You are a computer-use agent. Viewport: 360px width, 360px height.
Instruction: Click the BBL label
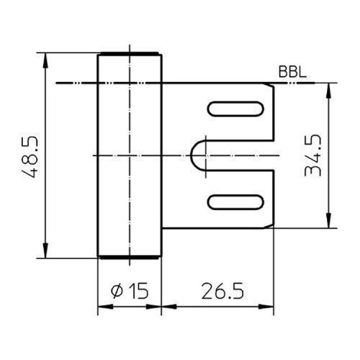292,71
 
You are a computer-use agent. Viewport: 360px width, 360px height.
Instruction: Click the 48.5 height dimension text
30,157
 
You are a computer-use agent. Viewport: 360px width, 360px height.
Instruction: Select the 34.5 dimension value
312,156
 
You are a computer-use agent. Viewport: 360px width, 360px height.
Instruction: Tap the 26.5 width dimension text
222,291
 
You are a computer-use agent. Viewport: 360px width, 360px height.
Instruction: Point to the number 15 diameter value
138,291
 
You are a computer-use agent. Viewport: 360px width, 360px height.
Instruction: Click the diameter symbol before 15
117,291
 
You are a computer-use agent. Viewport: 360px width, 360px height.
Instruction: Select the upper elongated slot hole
235,109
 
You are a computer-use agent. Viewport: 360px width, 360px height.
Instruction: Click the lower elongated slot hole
235,202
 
